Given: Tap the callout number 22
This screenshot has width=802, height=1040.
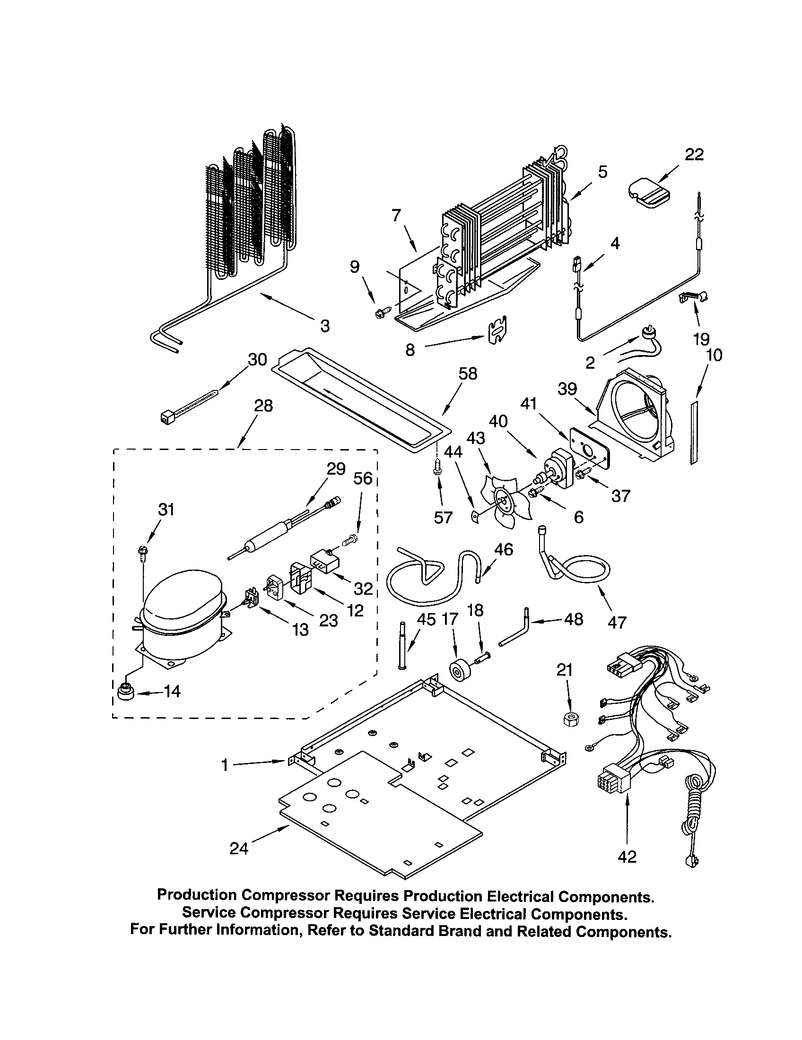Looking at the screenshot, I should tap(694, 155).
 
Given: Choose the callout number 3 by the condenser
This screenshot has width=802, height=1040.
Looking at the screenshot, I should tap(324, 326).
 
